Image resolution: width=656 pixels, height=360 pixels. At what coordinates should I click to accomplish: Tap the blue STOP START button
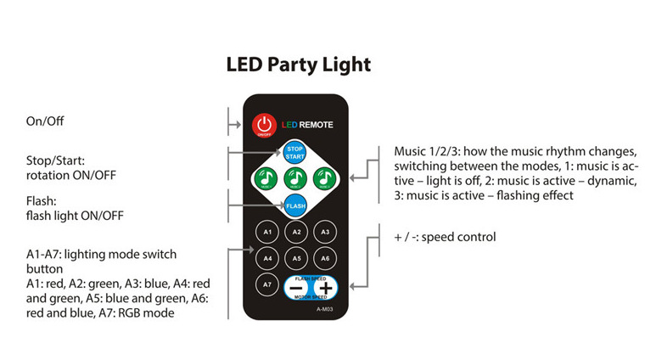294,153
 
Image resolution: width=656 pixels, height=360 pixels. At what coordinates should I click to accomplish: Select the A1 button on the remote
267,231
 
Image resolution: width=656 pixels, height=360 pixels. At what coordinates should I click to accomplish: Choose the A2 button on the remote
295,231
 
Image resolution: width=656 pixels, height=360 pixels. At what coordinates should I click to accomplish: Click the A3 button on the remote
322,231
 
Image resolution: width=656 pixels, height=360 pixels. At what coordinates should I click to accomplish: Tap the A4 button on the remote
267,257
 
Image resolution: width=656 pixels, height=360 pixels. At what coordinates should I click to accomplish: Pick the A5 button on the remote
295,257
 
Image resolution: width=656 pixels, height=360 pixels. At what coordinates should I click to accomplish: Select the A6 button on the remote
322,257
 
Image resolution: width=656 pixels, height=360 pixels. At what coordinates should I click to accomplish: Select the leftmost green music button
266,179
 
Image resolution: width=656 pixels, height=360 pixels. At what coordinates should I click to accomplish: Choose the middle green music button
294,179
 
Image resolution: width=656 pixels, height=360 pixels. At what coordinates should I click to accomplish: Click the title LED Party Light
299,65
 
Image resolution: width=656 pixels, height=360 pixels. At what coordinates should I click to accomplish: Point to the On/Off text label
45,122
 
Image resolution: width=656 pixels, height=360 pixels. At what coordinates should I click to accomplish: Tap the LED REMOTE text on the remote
307,125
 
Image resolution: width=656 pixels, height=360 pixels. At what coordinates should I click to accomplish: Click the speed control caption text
445,237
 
